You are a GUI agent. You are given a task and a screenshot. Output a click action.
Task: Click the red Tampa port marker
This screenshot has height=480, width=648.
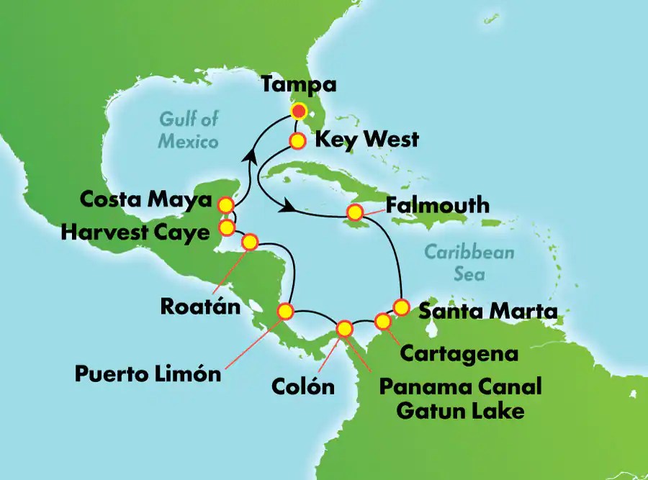coord(299,112)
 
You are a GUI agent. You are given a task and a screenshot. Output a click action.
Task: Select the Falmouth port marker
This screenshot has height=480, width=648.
coord(354,212)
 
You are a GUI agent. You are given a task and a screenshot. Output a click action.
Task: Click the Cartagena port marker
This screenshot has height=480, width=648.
coord(383,320)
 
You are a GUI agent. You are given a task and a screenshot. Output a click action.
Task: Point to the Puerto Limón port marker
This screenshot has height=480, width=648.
coord(286,312)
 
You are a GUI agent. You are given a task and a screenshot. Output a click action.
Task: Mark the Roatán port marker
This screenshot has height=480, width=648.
coord(250,242)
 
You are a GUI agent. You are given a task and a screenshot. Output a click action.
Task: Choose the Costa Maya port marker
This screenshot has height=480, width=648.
coord(227,205)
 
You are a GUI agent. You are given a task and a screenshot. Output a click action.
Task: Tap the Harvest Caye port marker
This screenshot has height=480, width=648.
coord(227,228)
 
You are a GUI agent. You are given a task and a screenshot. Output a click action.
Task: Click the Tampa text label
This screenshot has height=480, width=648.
coord(299,85)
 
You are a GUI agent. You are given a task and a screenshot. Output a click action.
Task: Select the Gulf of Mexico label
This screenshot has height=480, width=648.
coord(189,130)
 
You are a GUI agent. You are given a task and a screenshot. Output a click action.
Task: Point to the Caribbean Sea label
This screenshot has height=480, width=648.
coord(469,263)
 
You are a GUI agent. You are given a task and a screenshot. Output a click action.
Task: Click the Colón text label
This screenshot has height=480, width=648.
coord(303,386)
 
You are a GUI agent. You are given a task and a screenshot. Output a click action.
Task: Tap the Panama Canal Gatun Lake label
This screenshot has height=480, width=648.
coord(461,399)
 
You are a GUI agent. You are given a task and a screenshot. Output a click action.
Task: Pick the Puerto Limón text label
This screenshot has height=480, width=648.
coord(148,374)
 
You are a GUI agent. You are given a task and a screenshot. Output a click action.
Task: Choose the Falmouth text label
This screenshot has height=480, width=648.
coord(438,206)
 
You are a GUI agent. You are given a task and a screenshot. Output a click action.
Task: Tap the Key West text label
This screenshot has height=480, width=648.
coord(366,139)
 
